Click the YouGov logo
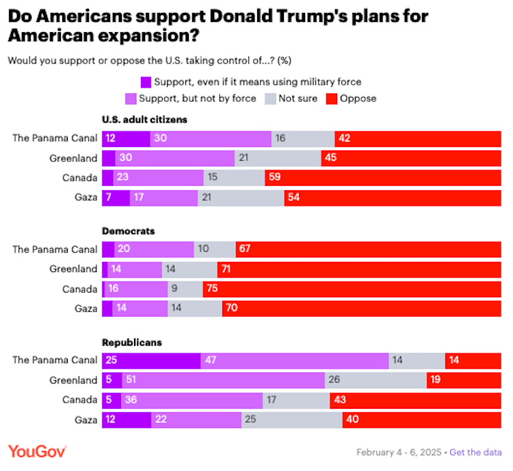(37, 452)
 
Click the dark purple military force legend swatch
(146, 82)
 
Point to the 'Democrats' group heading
(128, 231)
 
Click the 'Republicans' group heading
(132, 342)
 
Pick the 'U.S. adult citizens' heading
(144, 120)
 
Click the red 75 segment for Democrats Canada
(352, 289)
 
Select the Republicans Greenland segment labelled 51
(223, 380)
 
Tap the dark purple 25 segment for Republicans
(151, 360)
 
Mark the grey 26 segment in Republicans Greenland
(376, 380)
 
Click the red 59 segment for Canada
(383, 178)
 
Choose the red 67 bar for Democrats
(368, 250)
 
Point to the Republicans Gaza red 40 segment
(421, 419)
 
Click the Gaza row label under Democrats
(85, 309)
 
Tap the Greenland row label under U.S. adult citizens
(74, 159)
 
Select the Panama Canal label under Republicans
(55, 360)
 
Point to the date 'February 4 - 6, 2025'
(398, 453)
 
